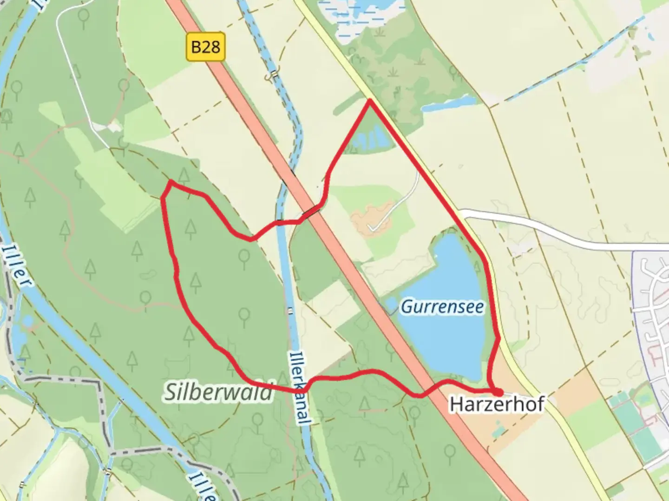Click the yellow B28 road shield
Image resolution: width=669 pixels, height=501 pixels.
click(205, 46)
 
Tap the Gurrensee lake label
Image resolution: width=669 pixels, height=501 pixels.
click(442, 307)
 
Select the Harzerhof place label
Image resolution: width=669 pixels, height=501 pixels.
click(496, 404)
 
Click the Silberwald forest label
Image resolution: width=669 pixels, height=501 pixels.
click(218, 392)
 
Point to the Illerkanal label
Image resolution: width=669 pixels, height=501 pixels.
click(298, 388)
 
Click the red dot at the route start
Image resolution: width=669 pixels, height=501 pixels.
click(498, 392)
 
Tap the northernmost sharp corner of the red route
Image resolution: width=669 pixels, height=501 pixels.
click(369, 100)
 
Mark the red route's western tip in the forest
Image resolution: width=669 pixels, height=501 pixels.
click(163, 198)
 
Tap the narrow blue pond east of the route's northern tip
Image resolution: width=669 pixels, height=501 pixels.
click(448, 104)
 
